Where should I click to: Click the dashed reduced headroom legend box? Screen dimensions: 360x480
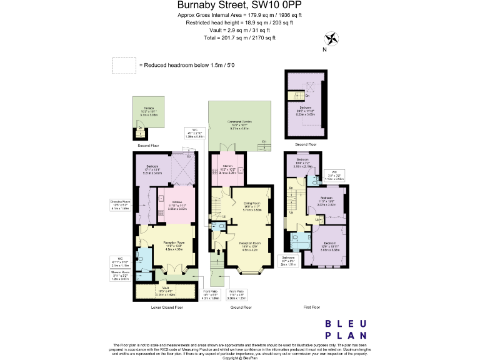124,65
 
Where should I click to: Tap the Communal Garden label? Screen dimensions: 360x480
241,126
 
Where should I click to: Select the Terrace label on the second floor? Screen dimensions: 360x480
148,111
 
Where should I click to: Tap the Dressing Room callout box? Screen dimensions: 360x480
119,205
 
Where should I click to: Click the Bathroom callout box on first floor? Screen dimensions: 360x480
287,260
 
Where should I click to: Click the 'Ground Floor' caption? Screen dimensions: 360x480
241,307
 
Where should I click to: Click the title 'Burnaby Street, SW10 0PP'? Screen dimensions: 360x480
239,6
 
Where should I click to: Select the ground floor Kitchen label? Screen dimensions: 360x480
227,167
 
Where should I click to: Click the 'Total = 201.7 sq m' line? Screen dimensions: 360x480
239,38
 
